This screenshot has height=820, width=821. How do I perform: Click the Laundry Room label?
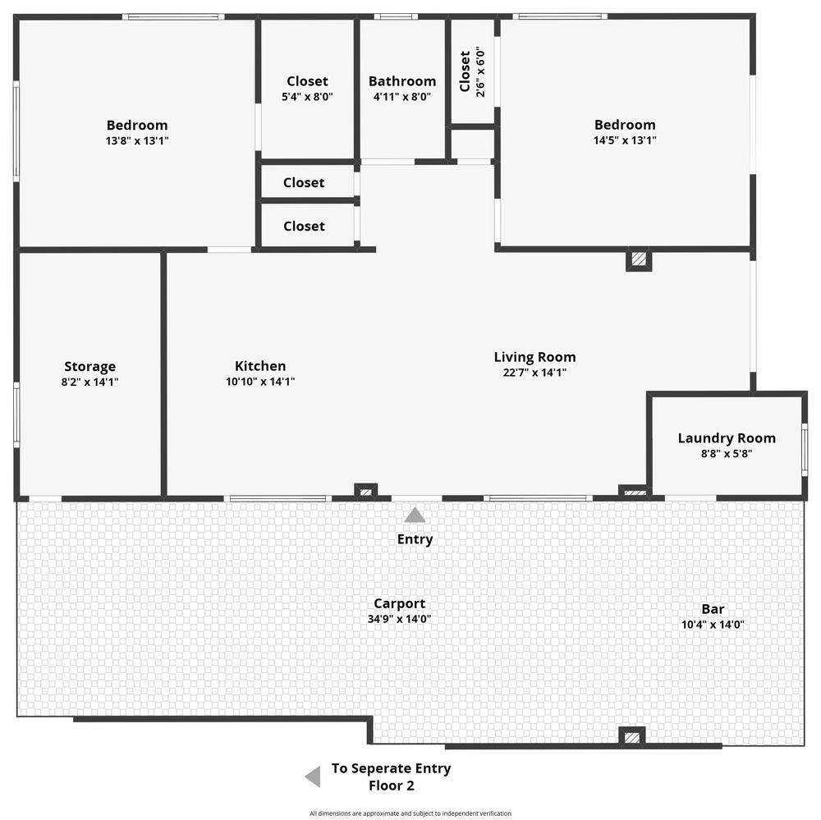727,437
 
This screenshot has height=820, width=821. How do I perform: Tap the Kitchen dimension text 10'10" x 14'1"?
260,382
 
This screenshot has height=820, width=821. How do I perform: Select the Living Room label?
534,357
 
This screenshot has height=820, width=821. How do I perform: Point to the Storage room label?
89,367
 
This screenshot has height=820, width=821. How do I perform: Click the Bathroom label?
402,81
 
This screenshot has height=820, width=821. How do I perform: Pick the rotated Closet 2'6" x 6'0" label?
472,71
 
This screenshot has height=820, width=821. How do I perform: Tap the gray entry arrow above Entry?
415,515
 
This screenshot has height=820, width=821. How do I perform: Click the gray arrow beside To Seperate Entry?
313,776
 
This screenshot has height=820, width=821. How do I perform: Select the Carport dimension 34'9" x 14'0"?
399,619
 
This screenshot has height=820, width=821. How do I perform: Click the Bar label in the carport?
713,609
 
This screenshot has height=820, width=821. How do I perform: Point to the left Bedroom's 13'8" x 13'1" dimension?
136,141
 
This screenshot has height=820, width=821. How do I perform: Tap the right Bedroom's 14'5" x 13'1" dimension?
625,140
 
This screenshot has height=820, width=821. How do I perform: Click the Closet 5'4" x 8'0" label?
307,88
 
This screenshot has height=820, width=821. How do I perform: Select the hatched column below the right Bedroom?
639,259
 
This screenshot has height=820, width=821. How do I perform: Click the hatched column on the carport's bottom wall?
632,737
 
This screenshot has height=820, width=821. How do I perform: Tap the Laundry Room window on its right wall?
805,450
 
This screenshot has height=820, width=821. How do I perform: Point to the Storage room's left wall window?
16,415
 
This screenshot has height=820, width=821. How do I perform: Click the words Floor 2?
391,786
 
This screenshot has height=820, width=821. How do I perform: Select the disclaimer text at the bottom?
410,813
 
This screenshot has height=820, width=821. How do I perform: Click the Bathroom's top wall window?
396,16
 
